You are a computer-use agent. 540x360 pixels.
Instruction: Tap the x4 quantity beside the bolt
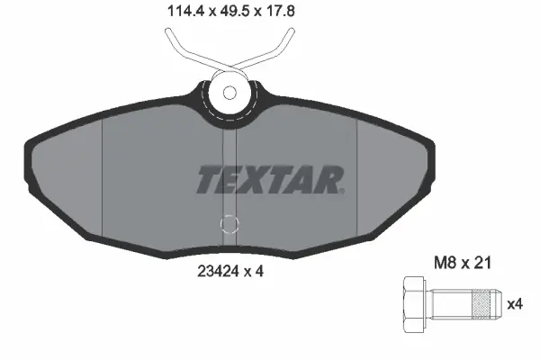tap(514, 304)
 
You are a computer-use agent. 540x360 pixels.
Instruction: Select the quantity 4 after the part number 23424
tap(259, 267)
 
